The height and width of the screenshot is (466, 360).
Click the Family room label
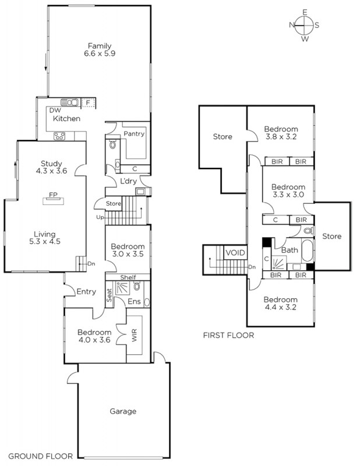(x=100, y=46)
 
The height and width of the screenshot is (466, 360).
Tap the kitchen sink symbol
(x=70, y=103)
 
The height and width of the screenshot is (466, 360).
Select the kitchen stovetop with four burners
(x=59, y=136)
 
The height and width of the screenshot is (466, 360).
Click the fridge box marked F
(x=88, y=103)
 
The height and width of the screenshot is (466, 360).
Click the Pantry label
(x=134, y=134)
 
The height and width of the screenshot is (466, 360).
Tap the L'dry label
(x=128, y=181)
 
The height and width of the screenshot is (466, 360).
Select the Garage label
(x=123, y=411)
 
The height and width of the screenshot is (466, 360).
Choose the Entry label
(x=86, y=292)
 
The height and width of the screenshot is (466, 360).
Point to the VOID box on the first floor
(x=235, y=253)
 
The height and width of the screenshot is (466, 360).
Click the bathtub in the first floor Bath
(x=308, y=250)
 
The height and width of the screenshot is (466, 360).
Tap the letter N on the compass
(x=291, y=25)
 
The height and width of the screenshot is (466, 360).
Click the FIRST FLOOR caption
(x=228, y=336)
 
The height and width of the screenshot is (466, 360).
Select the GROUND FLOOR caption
(x=40, y=456)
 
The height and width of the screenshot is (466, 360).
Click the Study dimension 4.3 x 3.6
(x=51, y=171)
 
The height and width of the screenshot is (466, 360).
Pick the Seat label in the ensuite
(x=110, y=295)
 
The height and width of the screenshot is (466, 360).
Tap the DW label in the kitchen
(x=55, y=111)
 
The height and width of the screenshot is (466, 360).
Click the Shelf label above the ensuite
(x=128, y=277)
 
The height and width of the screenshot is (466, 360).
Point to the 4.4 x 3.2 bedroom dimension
(x=280, y=307)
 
